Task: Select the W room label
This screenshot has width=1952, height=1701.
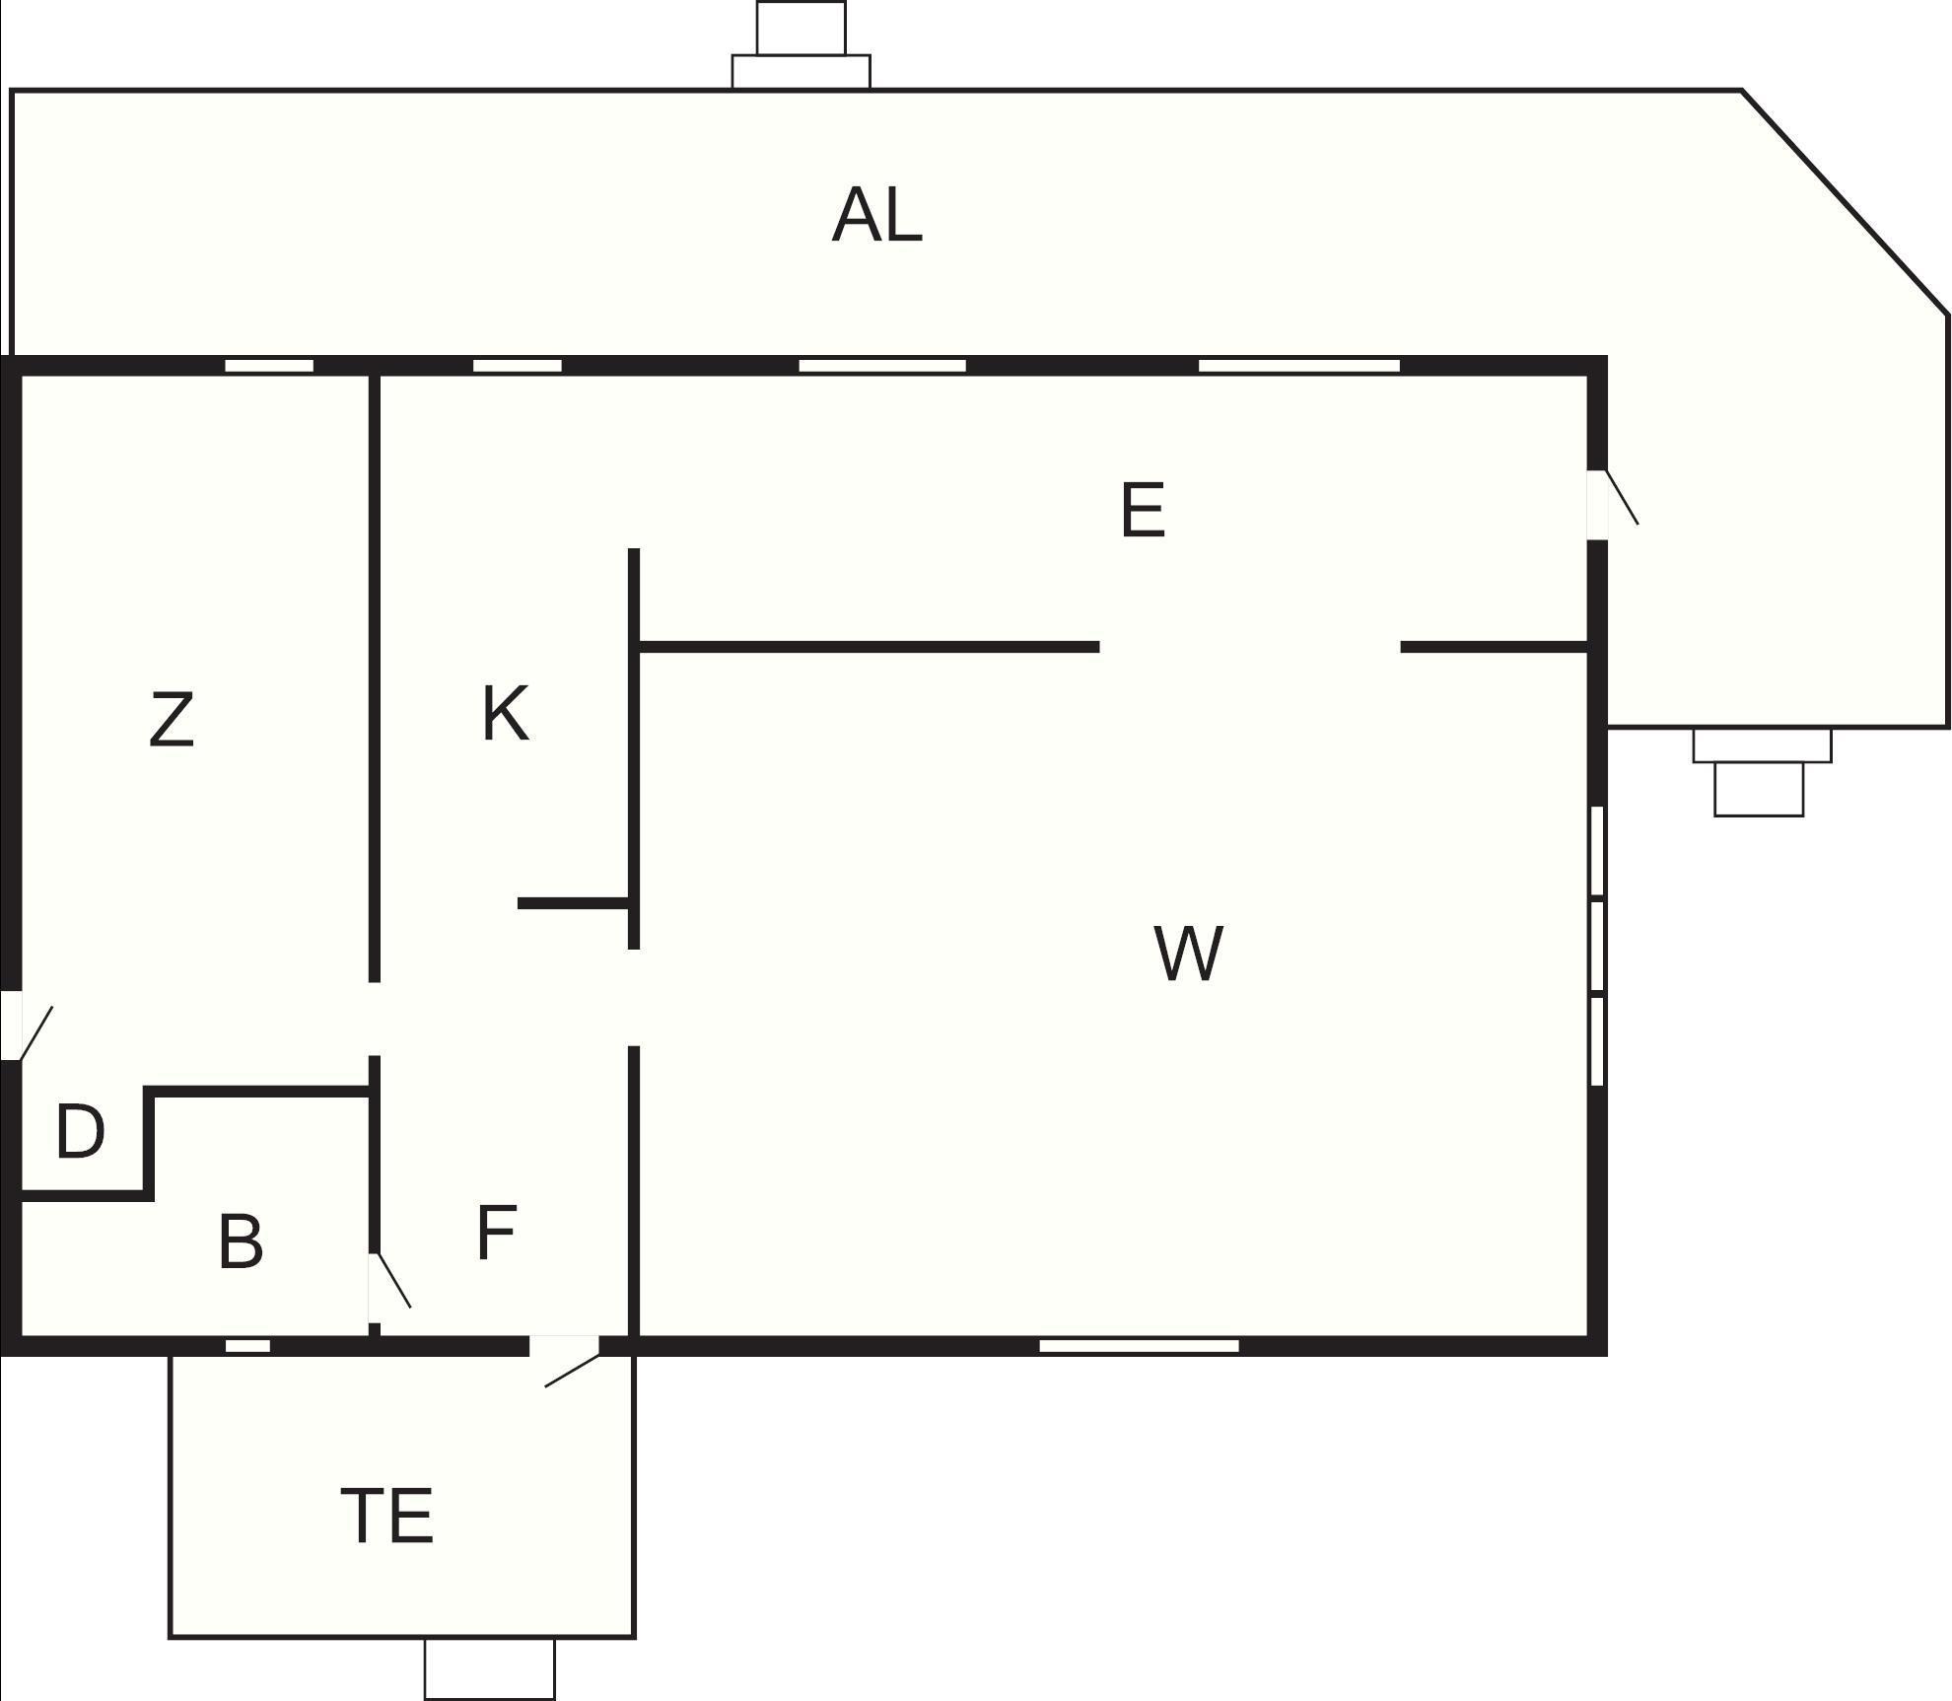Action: pos(1189,954)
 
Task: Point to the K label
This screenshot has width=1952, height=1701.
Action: pos(505,714)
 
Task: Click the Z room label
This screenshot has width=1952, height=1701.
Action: pos(172,720)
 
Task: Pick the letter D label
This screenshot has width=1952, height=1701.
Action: pos(80,1132)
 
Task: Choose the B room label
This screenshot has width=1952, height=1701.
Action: pos(241,1241)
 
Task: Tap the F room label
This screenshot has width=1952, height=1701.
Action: pos(496,1233)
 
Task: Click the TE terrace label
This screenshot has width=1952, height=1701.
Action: pos(386,1516)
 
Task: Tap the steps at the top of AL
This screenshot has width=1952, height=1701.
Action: pos(802,45)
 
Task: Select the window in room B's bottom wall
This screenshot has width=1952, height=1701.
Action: pos(247,1346)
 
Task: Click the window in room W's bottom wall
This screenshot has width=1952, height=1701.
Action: pos(1139,1346)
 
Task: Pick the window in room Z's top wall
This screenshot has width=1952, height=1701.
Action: pos(269,366)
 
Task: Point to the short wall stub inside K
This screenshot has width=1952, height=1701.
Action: pos(573,902)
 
